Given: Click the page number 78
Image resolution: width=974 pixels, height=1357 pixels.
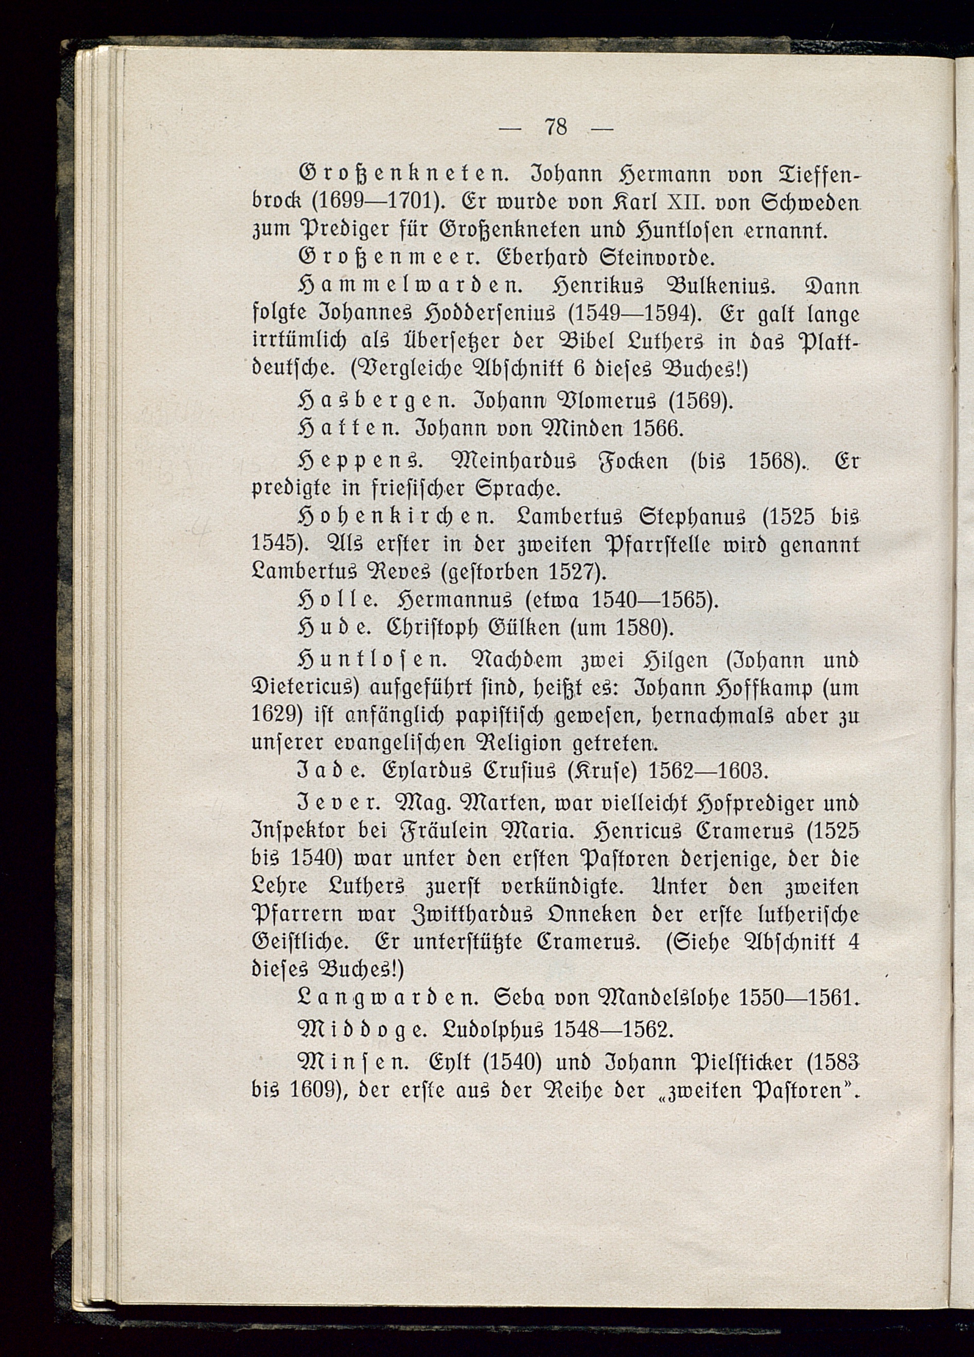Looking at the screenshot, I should point(556,128).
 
